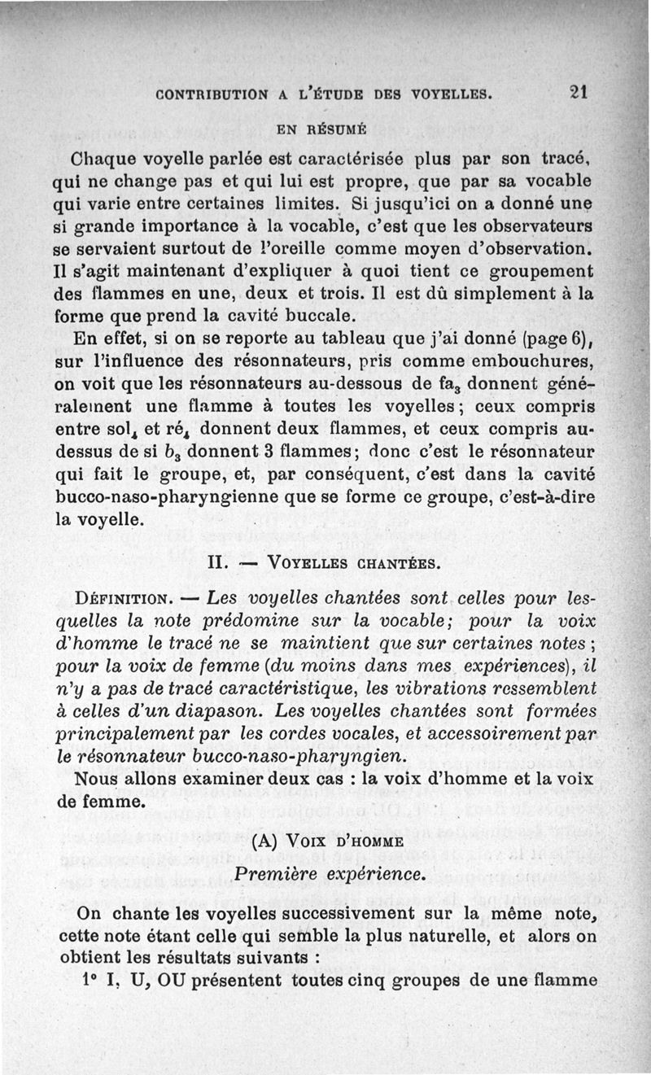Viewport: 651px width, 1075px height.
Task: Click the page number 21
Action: click(x=579, y=93)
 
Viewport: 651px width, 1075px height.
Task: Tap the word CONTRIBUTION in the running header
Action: click(x=213, y=94)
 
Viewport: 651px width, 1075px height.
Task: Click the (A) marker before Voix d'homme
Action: click(x=268, y=841)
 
